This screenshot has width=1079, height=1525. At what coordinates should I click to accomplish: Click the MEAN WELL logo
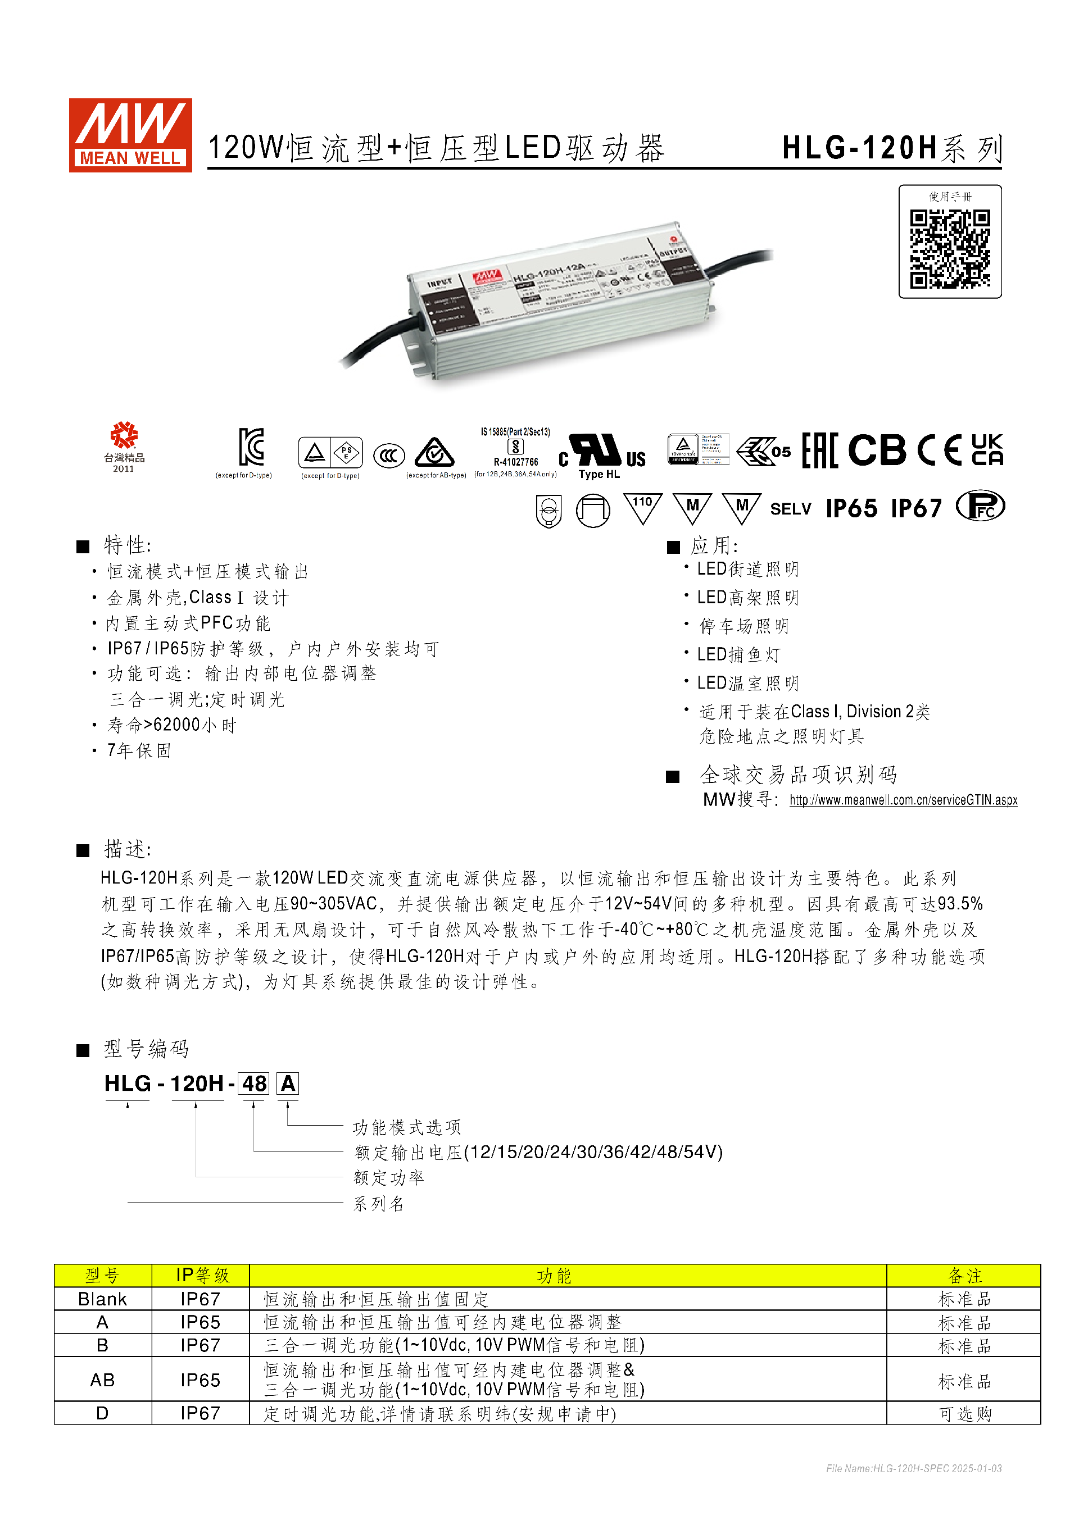[x=130, y=135]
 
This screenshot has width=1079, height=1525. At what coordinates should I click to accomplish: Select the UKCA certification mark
[x=987, y=450]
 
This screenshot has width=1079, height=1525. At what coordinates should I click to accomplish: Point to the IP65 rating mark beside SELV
[x=851, y=508]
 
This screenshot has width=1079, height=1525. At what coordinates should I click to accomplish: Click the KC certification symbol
[x=251, y=447]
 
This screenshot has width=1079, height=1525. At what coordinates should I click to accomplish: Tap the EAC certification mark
[x=819, y=450]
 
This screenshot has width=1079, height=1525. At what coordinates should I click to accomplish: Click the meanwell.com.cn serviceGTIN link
[x=903, y=800]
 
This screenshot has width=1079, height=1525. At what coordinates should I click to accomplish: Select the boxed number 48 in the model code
[x=254, y=1084]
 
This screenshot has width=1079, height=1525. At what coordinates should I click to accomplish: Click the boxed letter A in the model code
[x=288, y=1084]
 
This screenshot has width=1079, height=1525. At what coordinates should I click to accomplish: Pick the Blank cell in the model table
[x=102, y=1299]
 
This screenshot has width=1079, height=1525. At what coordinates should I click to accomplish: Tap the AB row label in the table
[x=102, y=1380]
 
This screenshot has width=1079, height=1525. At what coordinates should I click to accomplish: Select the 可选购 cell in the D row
[x=964, y=1413]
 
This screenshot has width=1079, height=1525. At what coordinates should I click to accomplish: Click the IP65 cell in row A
[x=200, y=1322]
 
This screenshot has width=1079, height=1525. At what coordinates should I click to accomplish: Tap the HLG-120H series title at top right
[x=892, y=148]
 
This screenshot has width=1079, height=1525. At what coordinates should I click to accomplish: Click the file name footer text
[x=914, y=1468]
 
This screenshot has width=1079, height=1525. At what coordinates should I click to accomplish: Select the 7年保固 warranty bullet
[x=139, y=750]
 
